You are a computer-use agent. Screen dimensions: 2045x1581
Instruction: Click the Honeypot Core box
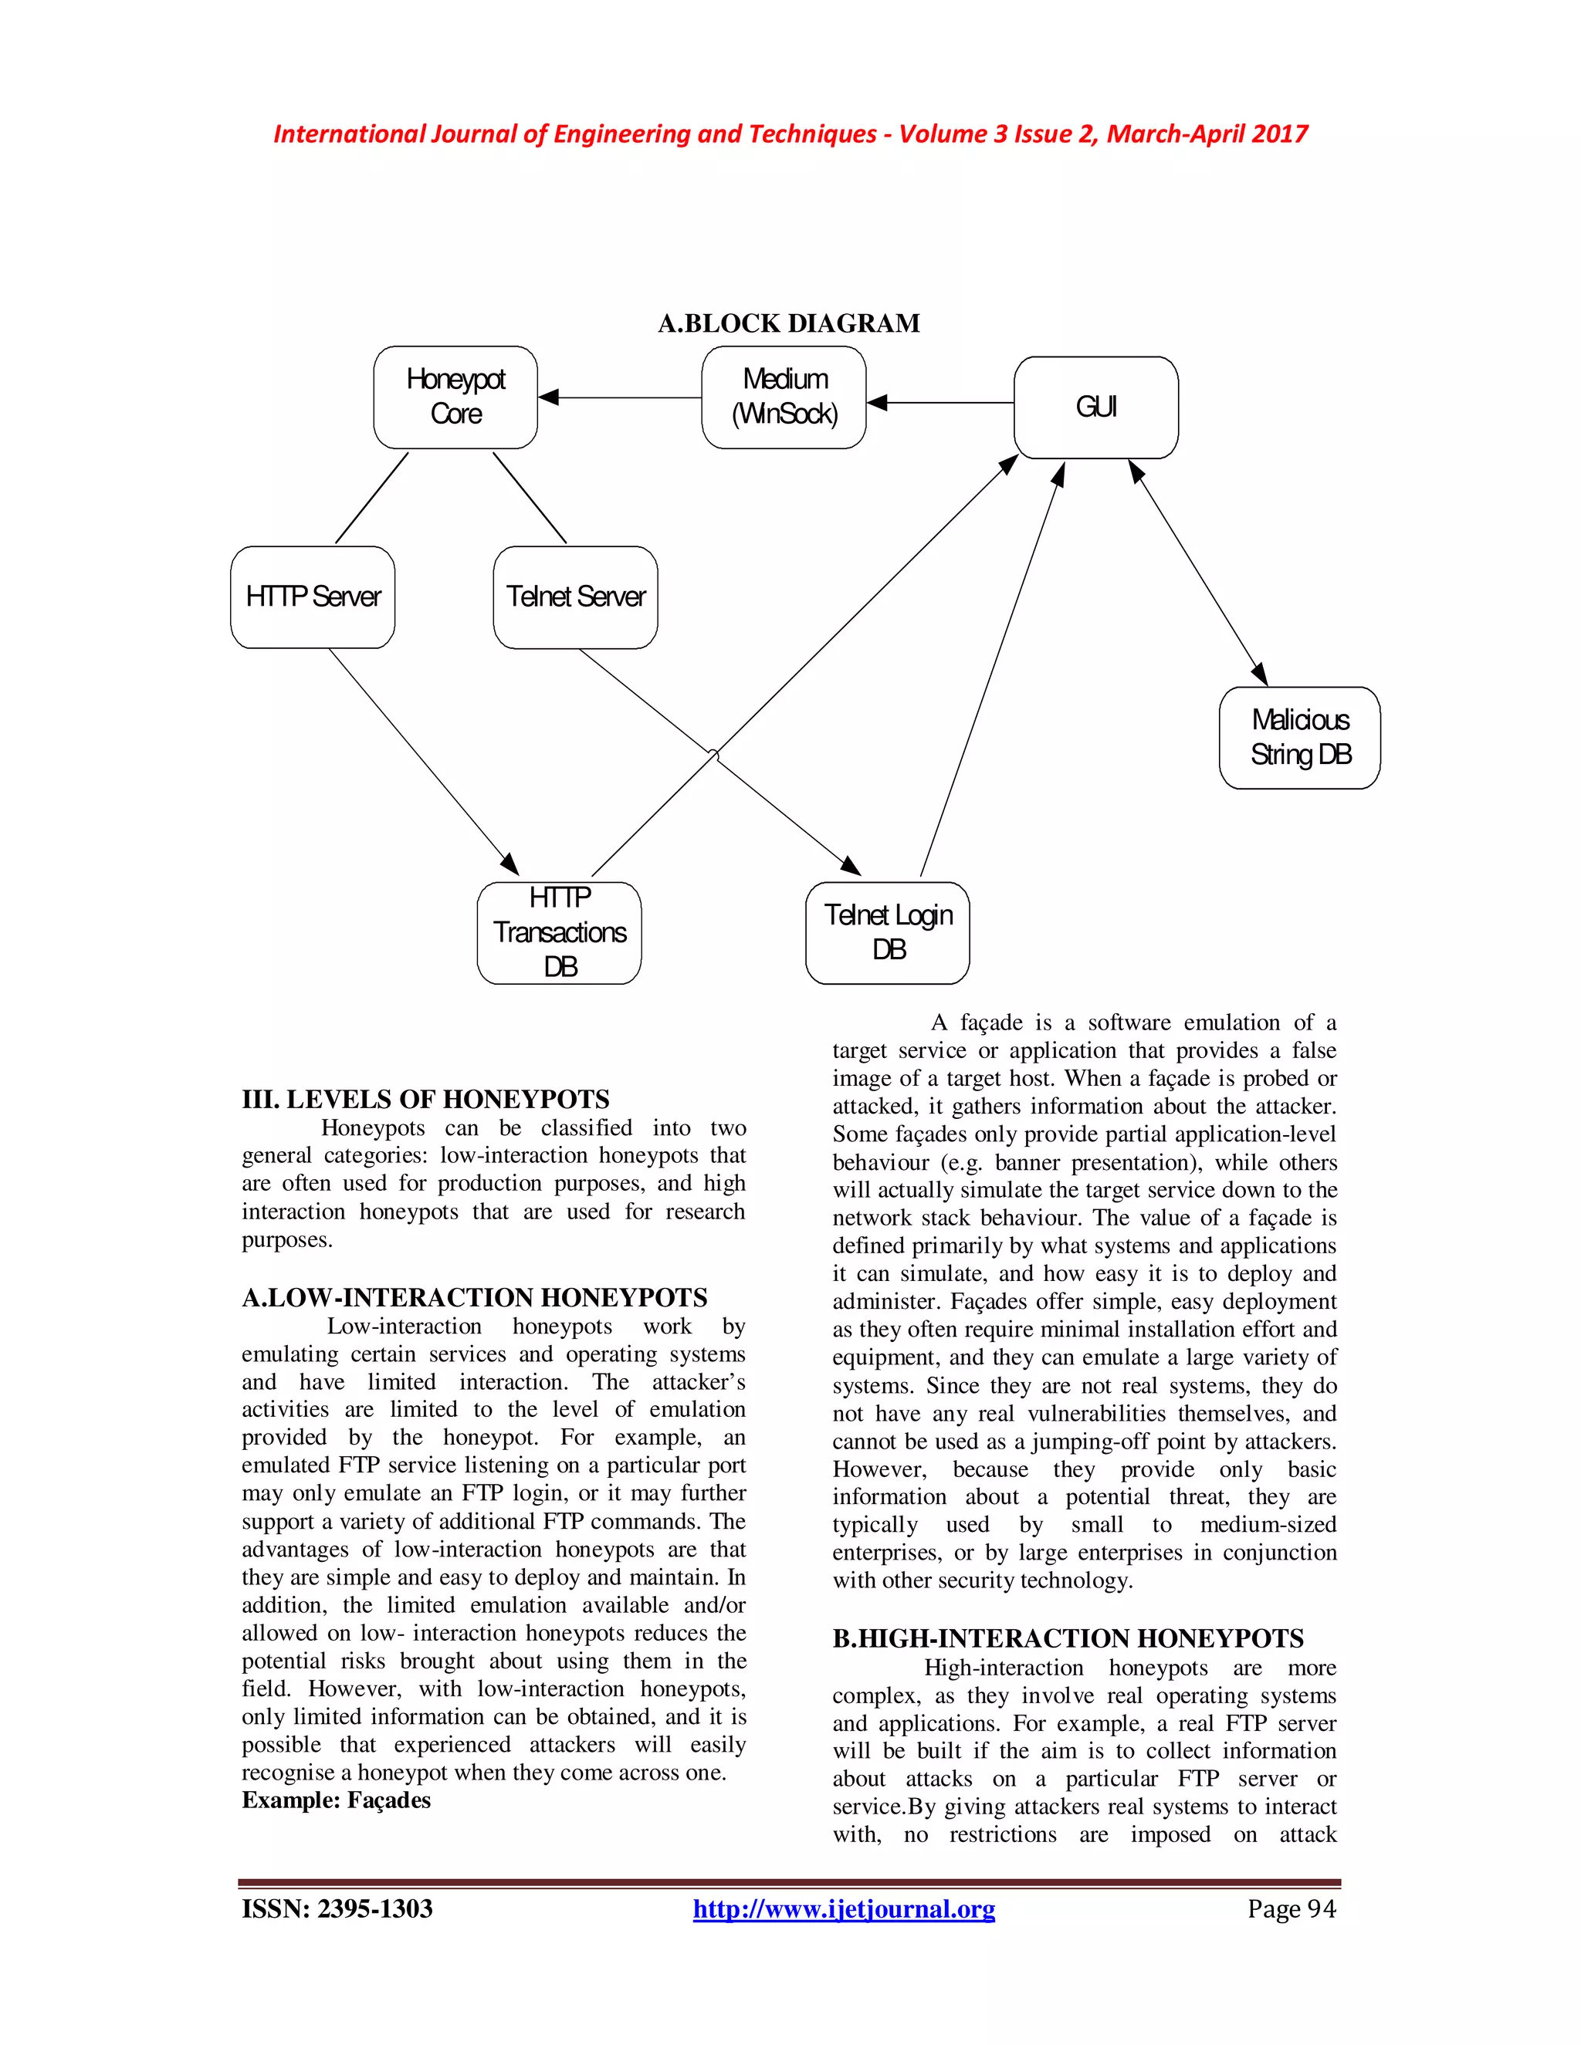coord(455,397)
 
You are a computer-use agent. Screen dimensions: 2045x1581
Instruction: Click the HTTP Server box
coord(313,597)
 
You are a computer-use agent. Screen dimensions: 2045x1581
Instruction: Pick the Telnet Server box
coord(575,597)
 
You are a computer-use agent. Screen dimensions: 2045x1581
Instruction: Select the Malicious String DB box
coord(1299,738)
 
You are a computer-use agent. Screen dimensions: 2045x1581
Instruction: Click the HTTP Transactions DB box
coord(559,933)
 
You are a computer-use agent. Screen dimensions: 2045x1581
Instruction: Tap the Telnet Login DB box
coord(887,933)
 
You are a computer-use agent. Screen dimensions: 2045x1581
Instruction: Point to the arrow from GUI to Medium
coord(940,403)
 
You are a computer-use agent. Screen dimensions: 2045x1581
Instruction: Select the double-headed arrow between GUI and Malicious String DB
coord(1198,572)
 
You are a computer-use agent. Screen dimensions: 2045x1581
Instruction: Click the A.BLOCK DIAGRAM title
coord(789,324)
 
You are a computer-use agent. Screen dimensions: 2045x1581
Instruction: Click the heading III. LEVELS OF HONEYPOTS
coord(425,1099)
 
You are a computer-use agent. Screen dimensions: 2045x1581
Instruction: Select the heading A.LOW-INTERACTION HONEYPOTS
coord(474,1298)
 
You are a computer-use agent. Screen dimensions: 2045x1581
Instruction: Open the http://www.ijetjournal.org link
coord(843,1909)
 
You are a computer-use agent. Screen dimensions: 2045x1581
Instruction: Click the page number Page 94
coord(1291,1909)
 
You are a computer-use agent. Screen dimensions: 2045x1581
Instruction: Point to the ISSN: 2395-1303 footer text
coord(337,1909)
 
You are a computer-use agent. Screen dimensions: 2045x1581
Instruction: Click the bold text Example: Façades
coord(337,1800)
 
